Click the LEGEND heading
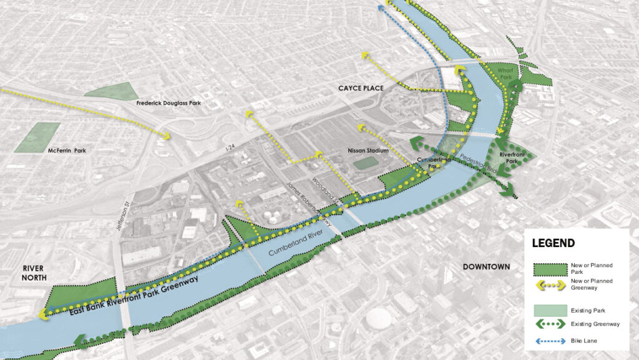pos(554,243)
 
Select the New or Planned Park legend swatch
pos(552,269)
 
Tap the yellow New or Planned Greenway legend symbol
pos(552,284)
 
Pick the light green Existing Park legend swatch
pos(552,309)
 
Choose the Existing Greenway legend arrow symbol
pos(552,324)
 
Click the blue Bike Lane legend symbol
pos(552,341)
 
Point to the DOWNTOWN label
pos(486,267)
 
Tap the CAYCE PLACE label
pos(361,88)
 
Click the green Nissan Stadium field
pos(366,163)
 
